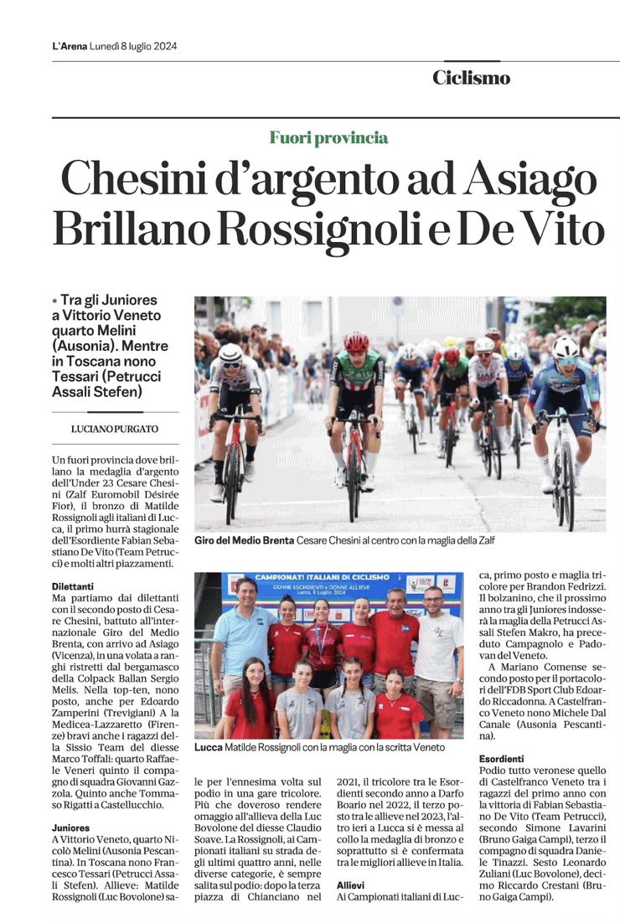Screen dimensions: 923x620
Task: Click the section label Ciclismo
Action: pos(471,78)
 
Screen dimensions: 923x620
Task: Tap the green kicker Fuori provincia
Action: pos(328,138)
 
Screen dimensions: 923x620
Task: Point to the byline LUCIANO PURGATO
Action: pos(115,429)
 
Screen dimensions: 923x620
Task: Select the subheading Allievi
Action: pos(350,884)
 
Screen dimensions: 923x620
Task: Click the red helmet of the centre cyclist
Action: pos(356,341)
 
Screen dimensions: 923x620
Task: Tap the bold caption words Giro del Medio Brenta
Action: pos(244,541)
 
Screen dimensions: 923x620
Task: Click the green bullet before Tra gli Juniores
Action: pos(54,300)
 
